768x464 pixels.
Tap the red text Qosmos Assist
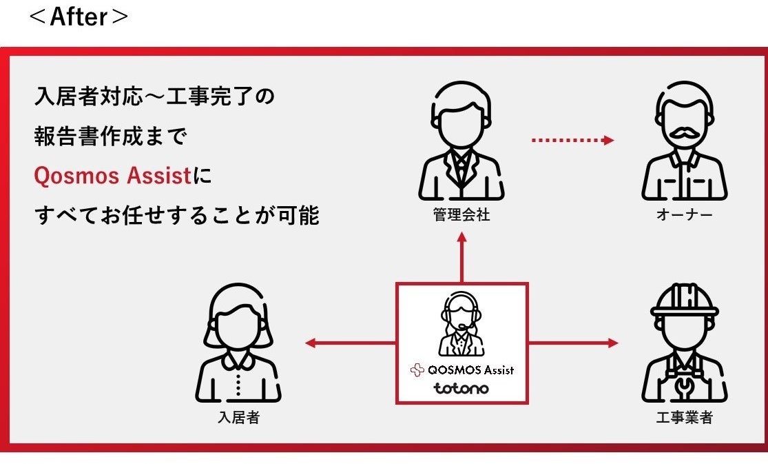112,176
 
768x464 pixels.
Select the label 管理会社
461,215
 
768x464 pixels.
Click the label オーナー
684,215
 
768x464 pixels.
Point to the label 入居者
238,417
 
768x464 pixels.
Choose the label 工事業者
684,417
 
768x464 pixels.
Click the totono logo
461,388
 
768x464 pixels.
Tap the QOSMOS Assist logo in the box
461,370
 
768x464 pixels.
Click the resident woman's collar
238,360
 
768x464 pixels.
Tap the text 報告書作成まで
110,137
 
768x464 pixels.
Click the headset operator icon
461,323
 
